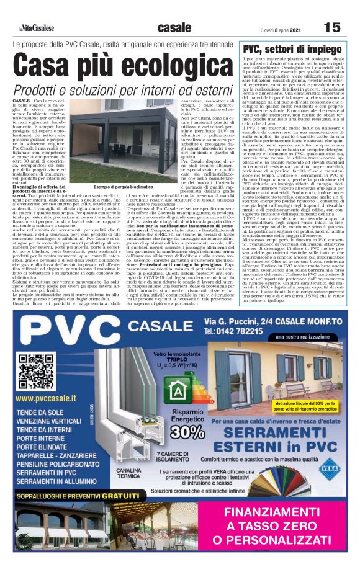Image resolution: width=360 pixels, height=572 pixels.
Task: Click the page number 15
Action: tap(333, 27)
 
